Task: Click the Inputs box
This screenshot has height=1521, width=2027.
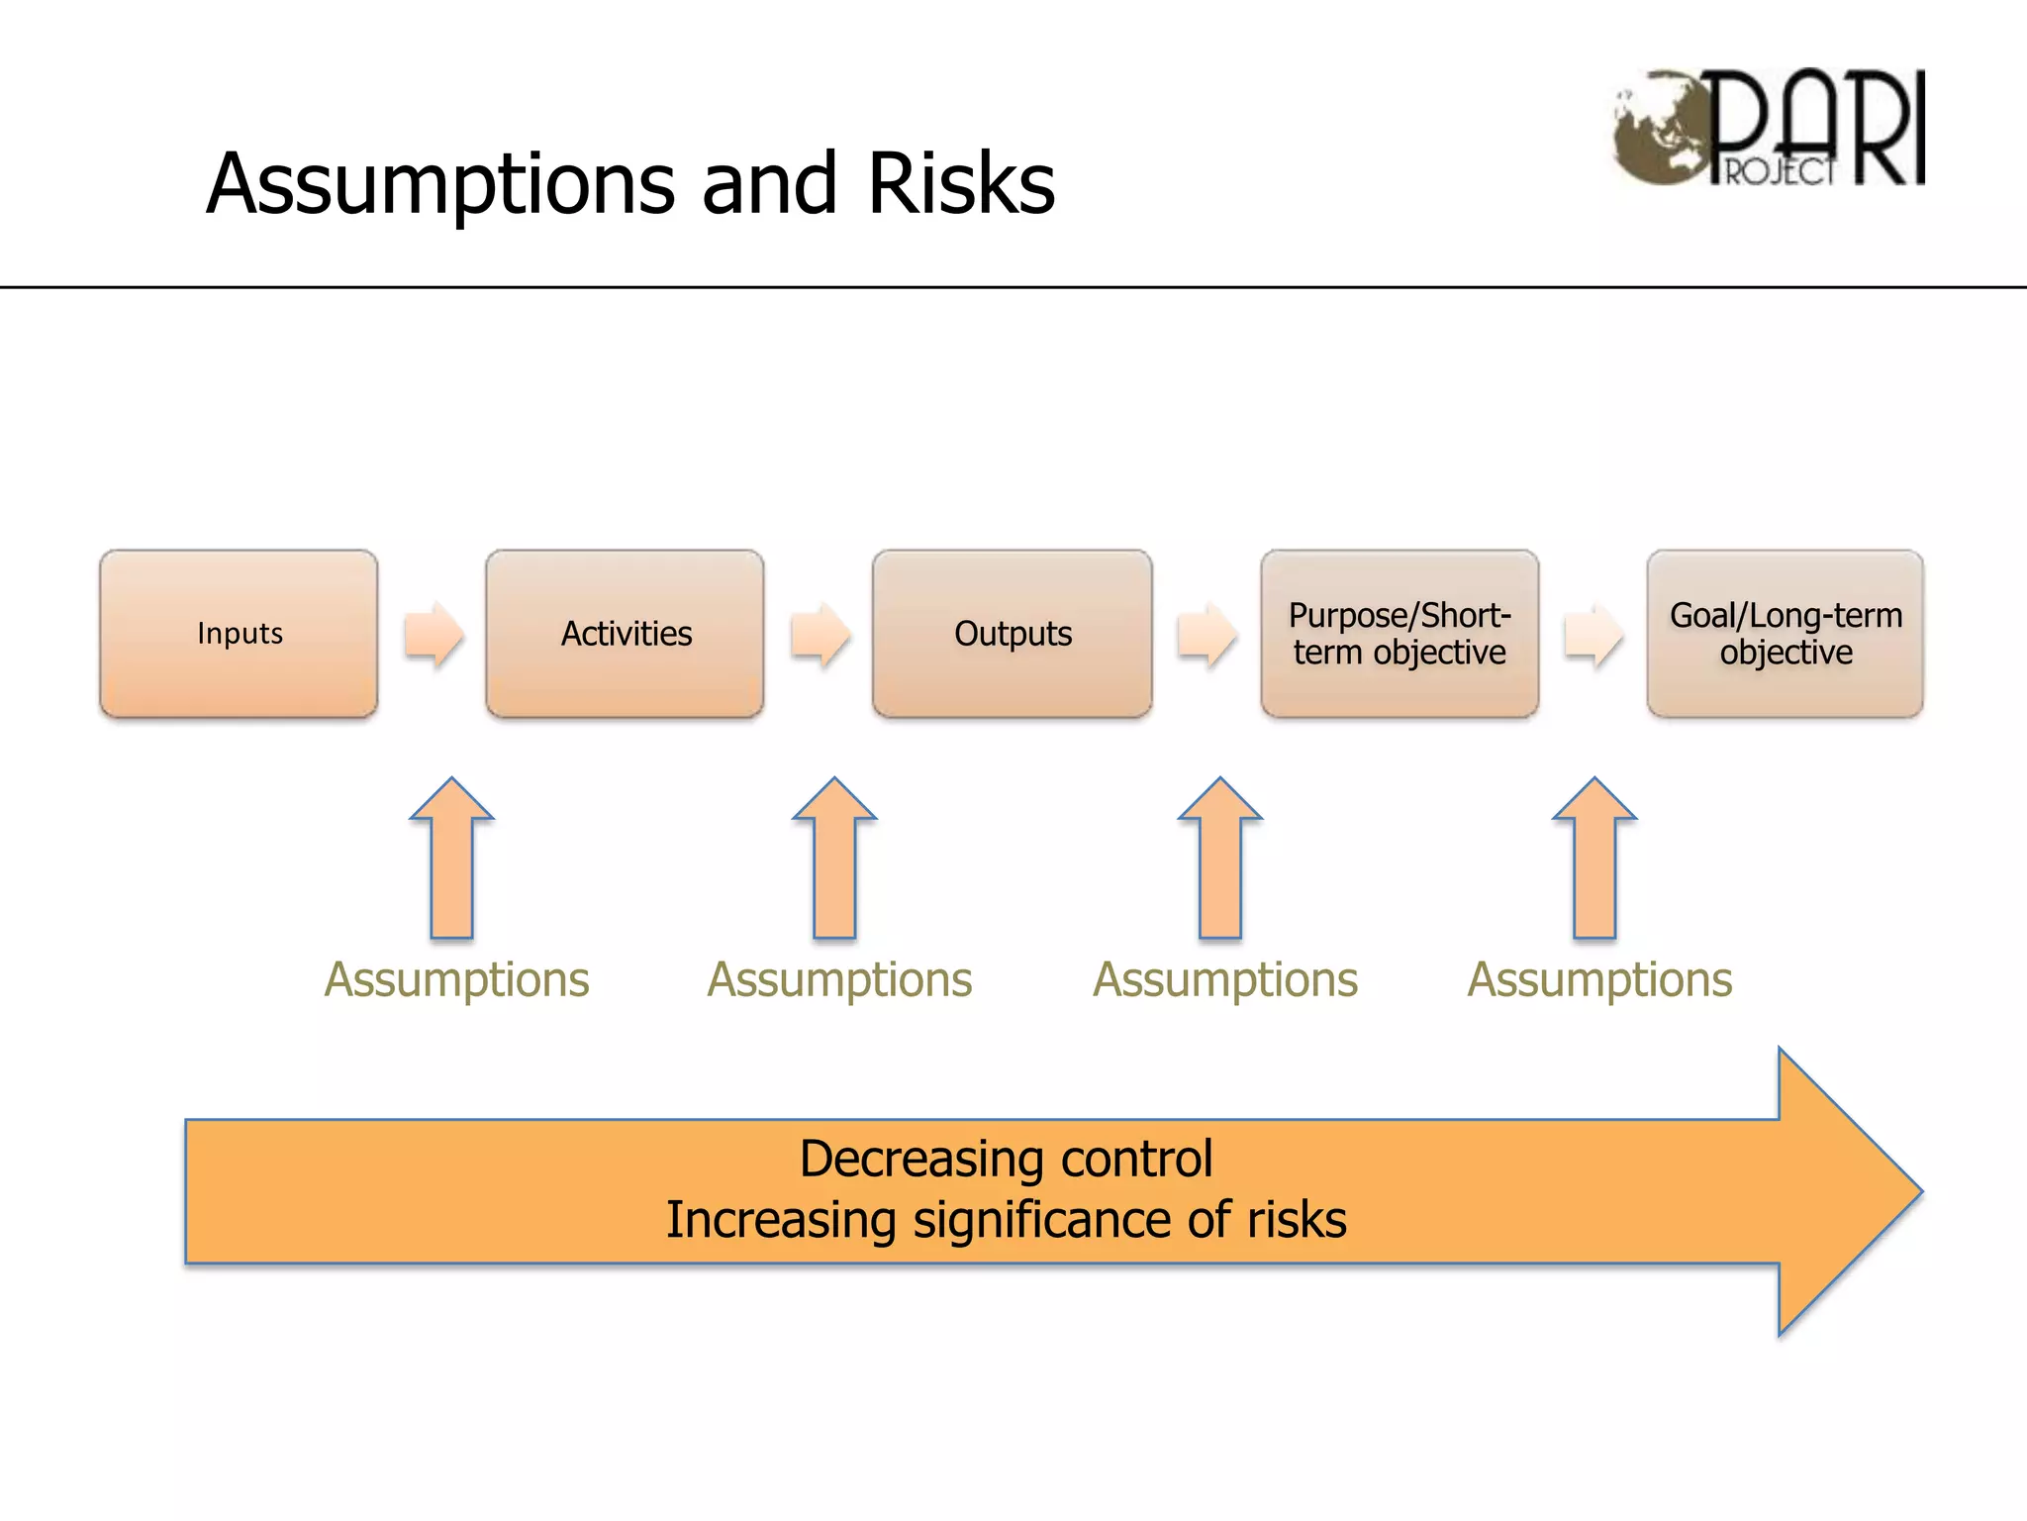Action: tap(239, 634)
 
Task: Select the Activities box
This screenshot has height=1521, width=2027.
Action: tap(625, 634)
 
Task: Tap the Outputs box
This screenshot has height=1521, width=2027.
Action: tap(1012, 634)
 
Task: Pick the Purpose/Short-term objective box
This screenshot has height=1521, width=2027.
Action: tap(1400, 634)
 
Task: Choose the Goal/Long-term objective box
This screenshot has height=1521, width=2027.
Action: tap(1786, 634)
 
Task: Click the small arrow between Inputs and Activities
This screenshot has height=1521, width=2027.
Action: tap(434, 634)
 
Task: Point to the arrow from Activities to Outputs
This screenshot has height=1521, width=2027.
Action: tap(820, 634)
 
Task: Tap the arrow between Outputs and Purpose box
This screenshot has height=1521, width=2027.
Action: tap(1207, 634)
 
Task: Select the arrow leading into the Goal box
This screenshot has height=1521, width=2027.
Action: tap(1593, 634)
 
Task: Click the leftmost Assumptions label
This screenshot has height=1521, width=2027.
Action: tap(456, 980)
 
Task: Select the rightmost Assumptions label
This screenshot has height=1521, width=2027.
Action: tap(1599, 980)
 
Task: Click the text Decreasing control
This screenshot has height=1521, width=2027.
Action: tap(1006, 1159)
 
